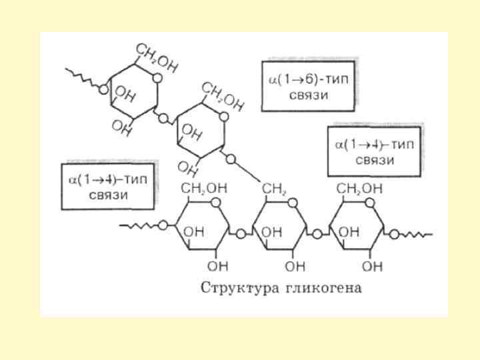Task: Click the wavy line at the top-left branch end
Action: pos(82,77)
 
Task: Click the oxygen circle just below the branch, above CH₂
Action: pos(231,159)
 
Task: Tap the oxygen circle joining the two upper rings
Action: pos(164,117)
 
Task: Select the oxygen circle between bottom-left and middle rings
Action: pos(240,234)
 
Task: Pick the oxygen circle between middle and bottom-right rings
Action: pos(317,234)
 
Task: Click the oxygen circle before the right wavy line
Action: pos(395,234)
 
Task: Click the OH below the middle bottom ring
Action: pos(294,266)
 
